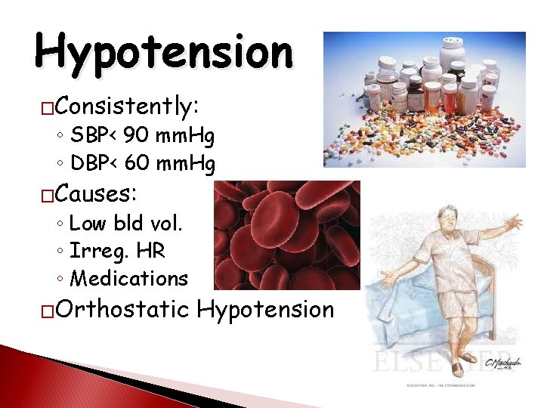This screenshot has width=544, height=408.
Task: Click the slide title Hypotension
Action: [163, 51]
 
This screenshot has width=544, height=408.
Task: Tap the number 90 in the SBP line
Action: [136, 137]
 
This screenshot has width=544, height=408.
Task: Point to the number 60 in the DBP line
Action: [138, 163]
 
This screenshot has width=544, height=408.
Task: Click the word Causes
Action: [94, 194]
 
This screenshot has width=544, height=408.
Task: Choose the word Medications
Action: [128, 279]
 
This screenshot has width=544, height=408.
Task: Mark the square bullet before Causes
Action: [48, 196]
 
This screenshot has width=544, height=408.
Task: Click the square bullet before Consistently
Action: [48, 107]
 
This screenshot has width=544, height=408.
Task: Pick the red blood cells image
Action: [287, 235]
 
